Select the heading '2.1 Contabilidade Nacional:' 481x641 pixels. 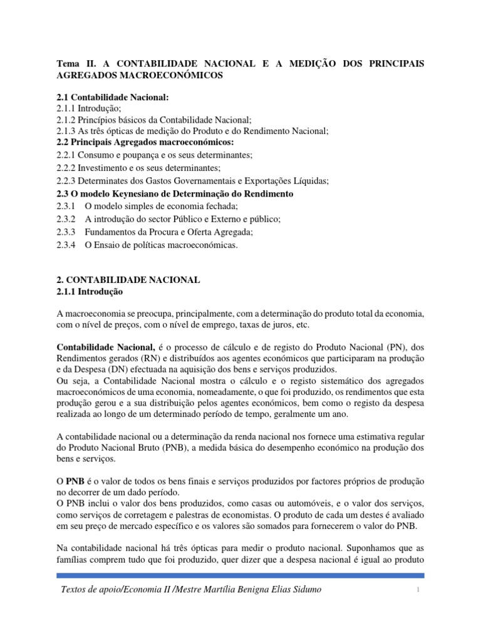point(113,98)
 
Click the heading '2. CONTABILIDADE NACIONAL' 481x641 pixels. point(128,280)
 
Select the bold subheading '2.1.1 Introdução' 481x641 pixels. point(91,292)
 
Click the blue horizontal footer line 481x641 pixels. point(240,575)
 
